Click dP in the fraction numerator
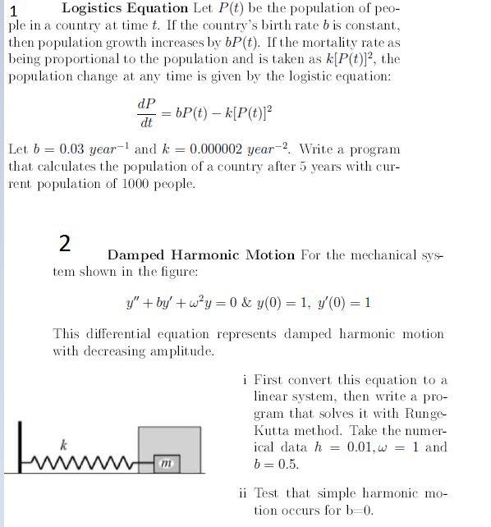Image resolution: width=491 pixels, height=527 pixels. pos(147,105)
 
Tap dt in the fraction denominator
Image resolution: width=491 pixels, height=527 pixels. pos(147,124)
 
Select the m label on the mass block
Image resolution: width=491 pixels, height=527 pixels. pos(167,465)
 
